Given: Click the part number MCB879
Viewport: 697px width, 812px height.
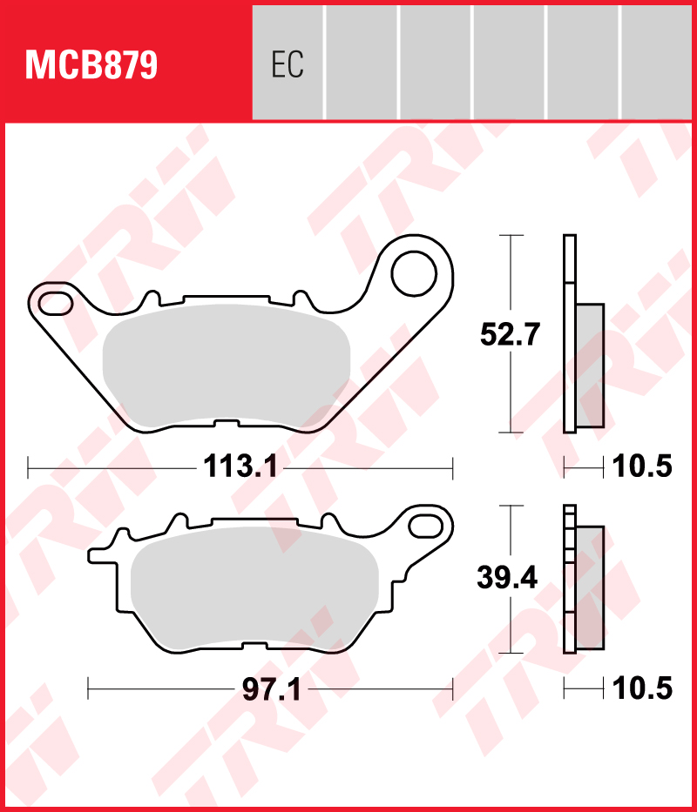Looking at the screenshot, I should (x=91, y=65).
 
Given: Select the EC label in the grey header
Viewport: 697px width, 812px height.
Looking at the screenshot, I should (x=287, y=65).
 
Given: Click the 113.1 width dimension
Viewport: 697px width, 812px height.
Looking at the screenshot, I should (x=240, y=467).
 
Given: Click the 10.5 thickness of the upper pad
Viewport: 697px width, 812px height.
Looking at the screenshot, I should (x=642, y=467).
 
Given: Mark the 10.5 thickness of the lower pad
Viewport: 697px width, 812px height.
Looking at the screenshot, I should (x=642, y=690).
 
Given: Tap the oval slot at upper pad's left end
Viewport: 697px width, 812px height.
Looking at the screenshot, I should (x=54, y=303).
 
